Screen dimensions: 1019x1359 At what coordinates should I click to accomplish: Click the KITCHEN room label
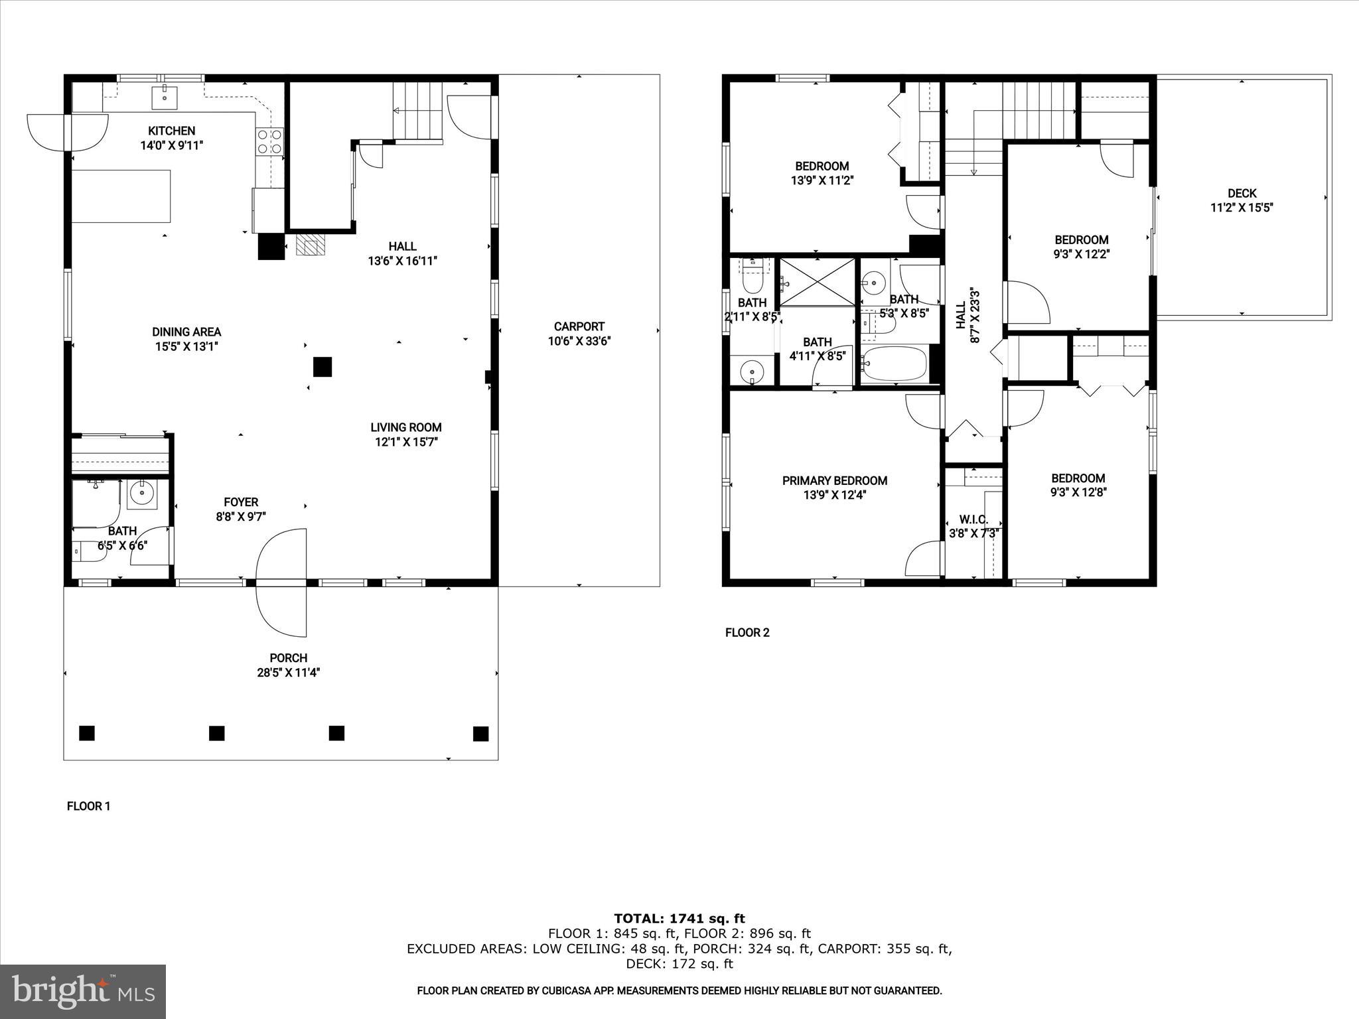pos(171,131)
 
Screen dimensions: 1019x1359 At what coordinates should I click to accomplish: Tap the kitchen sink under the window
pos(163,97)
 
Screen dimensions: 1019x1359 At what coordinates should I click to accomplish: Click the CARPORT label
pos(579,326)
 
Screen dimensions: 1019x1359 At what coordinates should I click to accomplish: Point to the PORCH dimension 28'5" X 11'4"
pos(288,673)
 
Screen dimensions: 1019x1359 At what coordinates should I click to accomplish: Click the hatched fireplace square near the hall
pos(311,245)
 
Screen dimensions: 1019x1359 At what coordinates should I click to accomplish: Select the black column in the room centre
pos(322,367)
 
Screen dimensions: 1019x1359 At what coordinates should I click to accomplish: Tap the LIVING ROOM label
pos(405,427)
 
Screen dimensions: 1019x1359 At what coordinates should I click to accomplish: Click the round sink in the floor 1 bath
pos(141,493)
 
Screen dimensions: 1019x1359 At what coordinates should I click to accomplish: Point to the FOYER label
pos(240,502)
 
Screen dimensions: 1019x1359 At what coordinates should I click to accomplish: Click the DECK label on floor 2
pos(1241,193)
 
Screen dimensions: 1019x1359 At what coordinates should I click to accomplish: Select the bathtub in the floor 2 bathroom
pos(894,364)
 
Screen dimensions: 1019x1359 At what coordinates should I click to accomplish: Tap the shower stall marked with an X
pos(817,283)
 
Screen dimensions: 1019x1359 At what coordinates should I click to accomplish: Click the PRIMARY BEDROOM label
pos(834,480)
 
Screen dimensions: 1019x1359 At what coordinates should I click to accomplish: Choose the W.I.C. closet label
pos(973,519)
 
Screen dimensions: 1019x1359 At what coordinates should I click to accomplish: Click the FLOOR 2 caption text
pos(747,632)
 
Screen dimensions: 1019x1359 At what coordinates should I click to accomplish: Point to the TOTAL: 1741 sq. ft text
pos(679,919)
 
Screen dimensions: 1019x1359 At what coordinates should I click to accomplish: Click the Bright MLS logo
pos(83,991)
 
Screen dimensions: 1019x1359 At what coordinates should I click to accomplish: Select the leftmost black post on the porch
pos(87,733)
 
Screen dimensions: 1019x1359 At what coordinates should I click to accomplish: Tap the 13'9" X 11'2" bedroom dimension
pos(822,180)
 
